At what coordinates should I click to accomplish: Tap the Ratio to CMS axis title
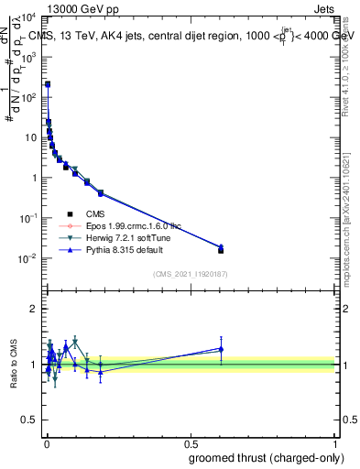[15, 365]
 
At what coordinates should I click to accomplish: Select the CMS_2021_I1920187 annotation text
[191, 273]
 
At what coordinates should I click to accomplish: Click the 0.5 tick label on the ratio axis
[30, 421]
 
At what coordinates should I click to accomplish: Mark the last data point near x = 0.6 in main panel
[221, 249]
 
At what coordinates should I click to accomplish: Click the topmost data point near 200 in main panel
[48, 84]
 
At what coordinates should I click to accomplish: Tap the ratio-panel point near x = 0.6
[221, 348]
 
